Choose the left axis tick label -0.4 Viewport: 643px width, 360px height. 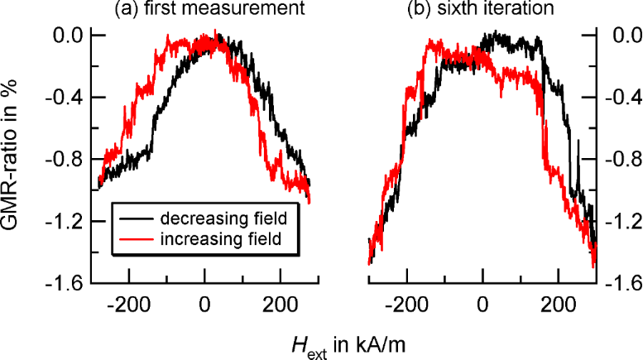pyautogui.click(x=66, y=98)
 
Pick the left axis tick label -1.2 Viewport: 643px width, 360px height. pyautogui.click(x=66, y=222)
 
